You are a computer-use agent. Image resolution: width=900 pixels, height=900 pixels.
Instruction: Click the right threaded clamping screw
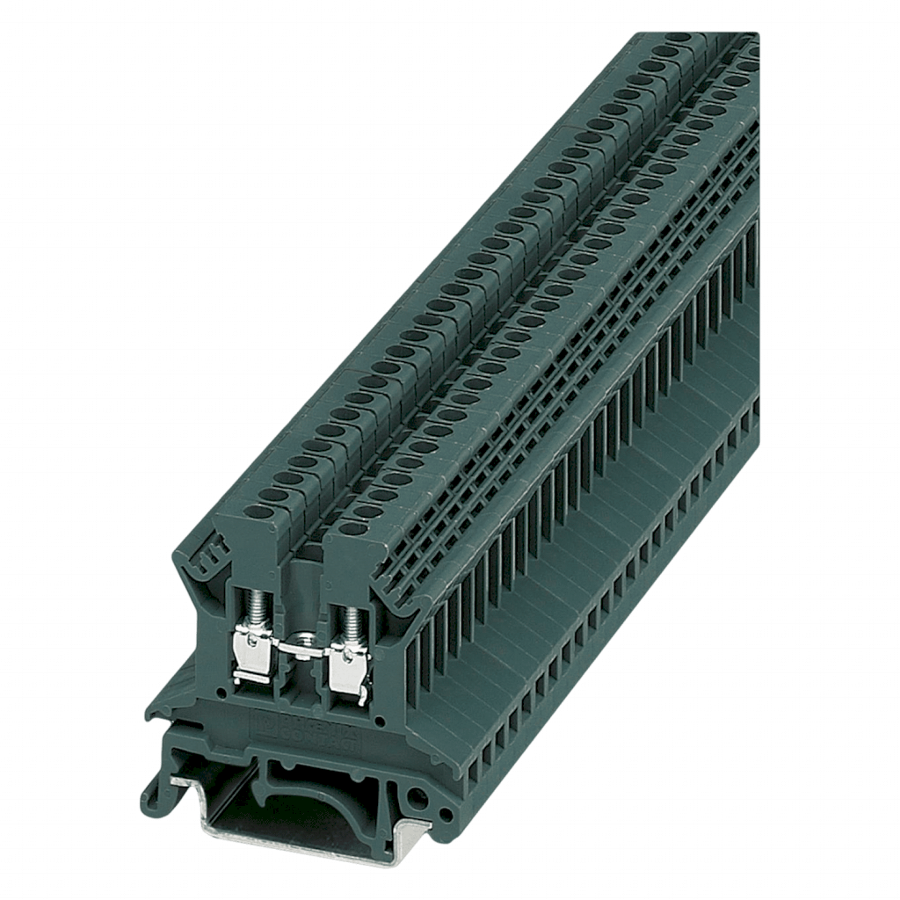click(x=352, y=623)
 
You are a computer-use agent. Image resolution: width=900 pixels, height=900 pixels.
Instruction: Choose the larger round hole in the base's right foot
click(x=417, y=799)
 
